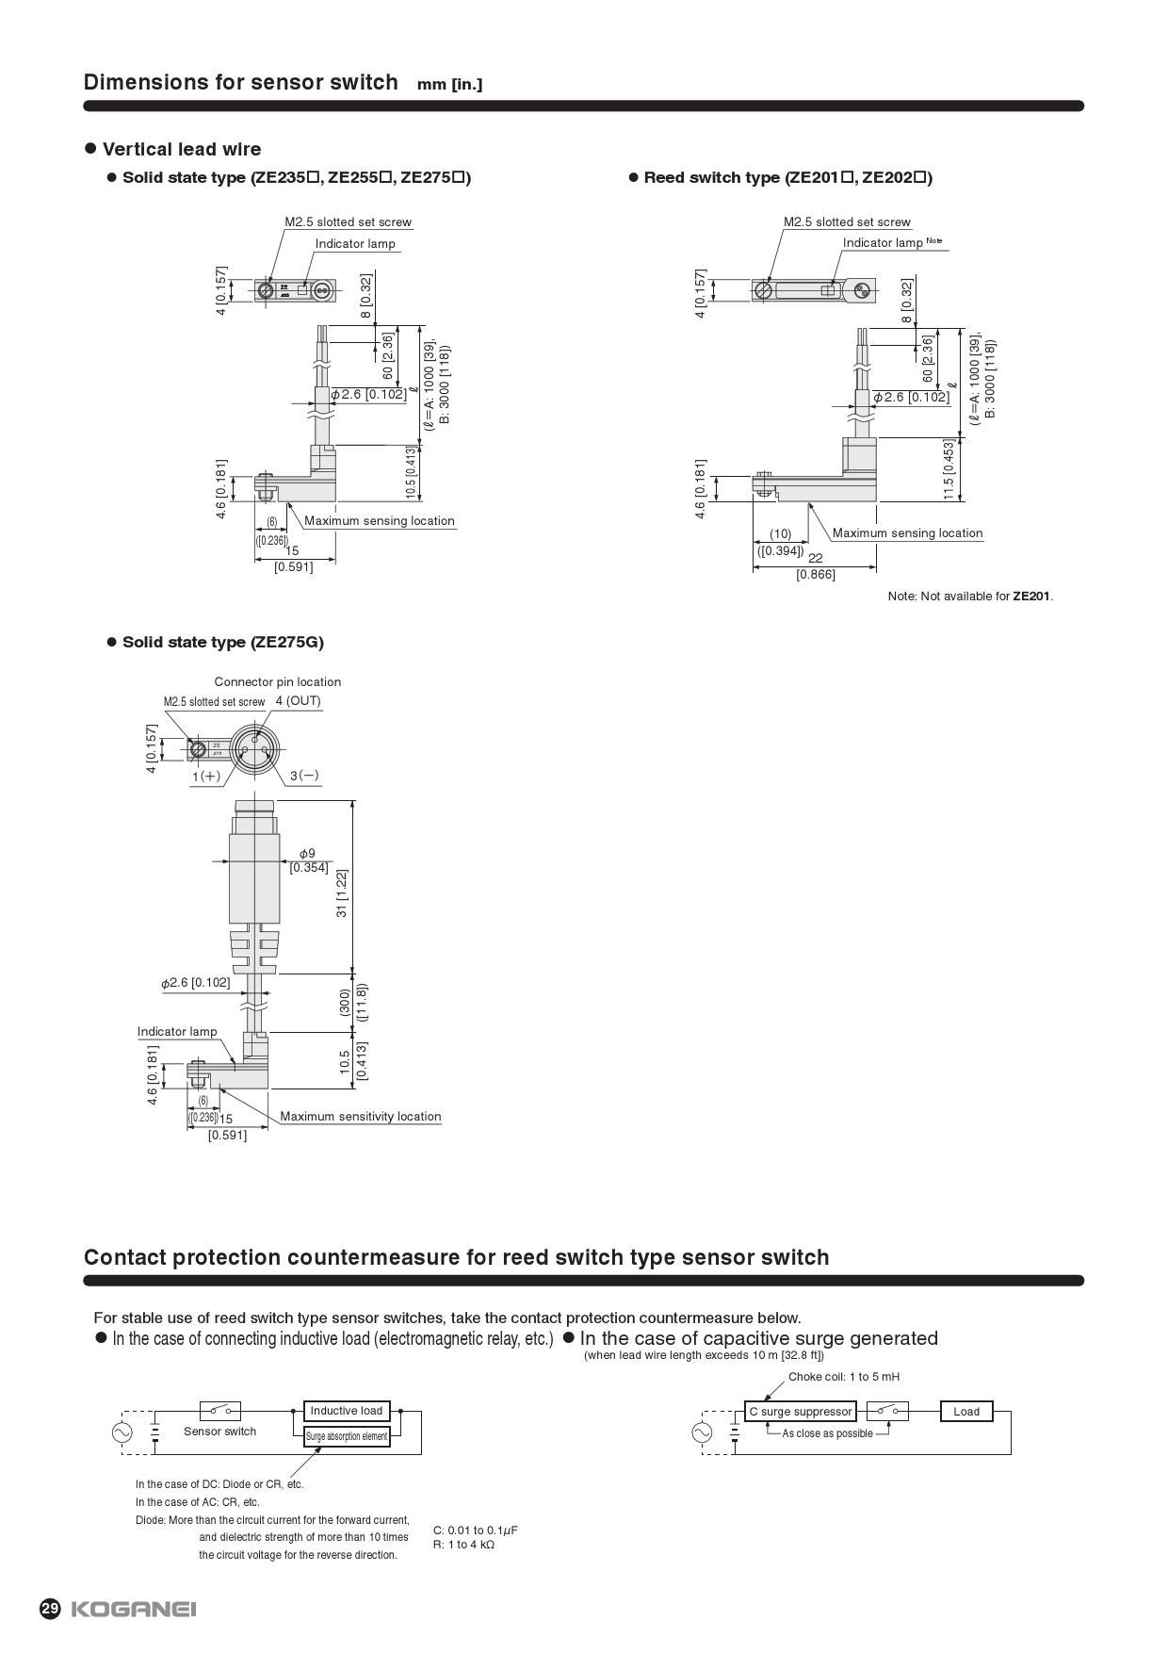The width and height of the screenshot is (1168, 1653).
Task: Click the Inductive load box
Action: pyautogui.click(x=347, y=1411)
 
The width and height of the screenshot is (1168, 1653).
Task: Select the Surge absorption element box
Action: pyautogui.click(x=347, y=1436)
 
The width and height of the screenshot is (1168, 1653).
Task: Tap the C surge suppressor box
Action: pyautogui.click(x=801, y=1411)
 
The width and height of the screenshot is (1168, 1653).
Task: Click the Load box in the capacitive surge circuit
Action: pyautogui.click(x=966, y=1411)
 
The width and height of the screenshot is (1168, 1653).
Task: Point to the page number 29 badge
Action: pyautogui.click(x=50, y=1609)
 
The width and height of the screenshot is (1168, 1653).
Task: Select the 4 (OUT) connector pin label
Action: pyautogui.click(x=298, y=701)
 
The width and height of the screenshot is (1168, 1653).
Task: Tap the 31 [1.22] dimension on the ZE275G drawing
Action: pyautogui.click(x=342, y=892)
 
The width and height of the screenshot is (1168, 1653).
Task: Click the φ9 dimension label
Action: pyautogui.click(x=307, y=854)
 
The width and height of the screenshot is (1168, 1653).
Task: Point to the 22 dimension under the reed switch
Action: pyautogui.click(x=816, y=558)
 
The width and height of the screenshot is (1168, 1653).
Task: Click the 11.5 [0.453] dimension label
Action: pyautogui.click(x=949, y=470)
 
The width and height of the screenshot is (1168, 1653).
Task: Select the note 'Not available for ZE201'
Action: pyautogui.click(x=970, y=596)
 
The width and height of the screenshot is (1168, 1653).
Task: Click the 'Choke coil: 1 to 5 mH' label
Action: pyautogui.click(x=844, y=1376)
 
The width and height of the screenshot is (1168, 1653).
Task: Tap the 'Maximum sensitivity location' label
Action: pyautogui.click(x=360, y=1116)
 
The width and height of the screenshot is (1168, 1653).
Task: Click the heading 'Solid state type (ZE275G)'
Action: pyautogui.click(x=222, y=642)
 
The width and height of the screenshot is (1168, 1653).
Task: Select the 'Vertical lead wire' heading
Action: pyautogui.click(x=182, y=149)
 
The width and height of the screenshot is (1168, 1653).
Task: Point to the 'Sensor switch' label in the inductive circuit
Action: pyautogui.click(x=219, y=1431)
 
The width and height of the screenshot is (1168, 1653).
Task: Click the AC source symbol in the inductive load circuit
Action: pyautogui.click(x=122, y=1432)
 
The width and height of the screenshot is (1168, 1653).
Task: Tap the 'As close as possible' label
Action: pyautogui.click(x=827, y=1433)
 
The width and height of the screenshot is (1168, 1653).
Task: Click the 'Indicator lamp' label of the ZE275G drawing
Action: pyautogui.click(x=177, y=1031)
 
